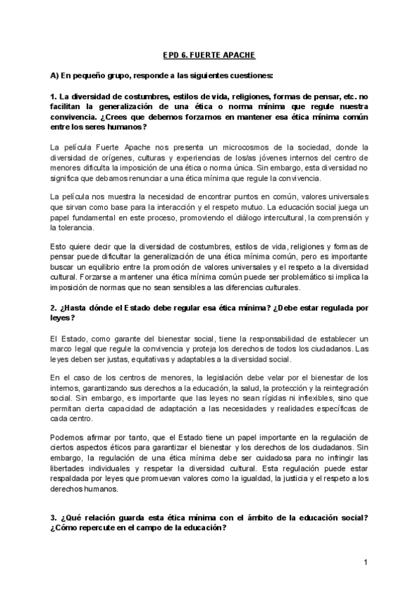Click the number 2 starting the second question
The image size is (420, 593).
[x=52, y=308]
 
